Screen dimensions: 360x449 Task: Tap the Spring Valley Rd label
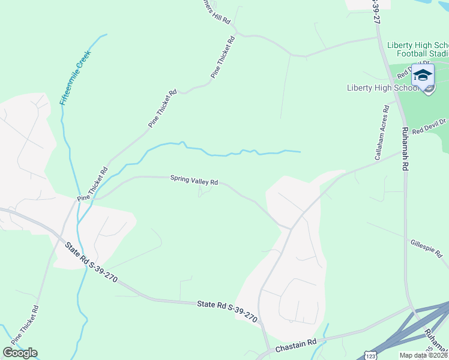[x=193, y=179]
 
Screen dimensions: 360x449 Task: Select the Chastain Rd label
[x=295, y=344]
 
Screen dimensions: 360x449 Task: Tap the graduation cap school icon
[x=423, y=76]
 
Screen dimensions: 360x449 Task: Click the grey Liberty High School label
[x=382, y=88]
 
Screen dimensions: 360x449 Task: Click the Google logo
[x=20, y=353]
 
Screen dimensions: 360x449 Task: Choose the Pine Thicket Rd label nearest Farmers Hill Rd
[x=223, y=57]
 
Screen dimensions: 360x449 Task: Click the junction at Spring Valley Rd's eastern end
[x=291, y=229]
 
